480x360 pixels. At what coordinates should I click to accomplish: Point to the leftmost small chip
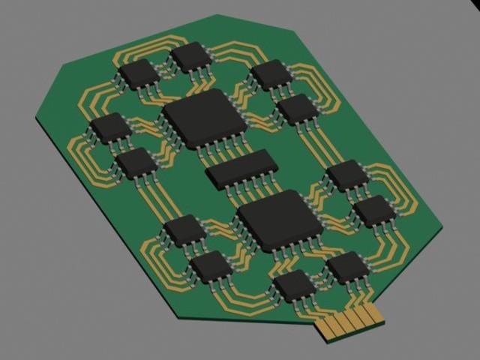pos(110,127)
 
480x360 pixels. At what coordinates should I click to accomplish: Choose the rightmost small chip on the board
pos(373,210)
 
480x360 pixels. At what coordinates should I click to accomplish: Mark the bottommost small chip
pos(295,284)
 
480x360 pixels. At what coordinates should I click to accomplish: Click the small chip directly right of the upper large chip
pos(298,109)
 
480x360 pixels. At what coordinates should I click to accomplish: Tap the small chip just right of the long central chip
pos(346,174)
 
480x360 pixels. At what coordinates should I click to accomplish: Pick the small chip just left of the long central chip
pos(136,162)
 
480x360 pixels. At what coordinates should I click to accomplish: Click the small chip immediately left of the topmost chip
pos(139,73)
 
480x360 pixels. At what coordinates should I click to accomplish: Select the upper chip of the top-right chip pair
pos(271,73)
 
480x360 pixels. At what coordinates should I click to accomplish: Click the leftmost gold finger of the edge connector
pos(328,328)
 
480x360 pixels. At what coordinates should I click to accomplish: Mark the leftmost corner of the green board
pos(36,118)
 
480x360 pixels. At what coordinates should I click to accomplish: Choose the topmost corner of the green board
pos(217,15)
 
